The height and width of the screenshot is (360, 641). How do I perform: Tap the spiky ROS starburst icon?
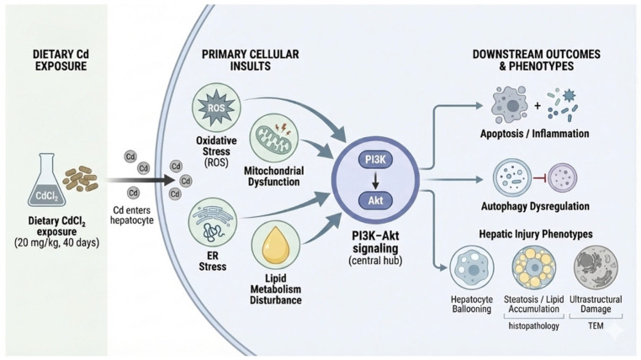pyautogui.click(x=216, y=108)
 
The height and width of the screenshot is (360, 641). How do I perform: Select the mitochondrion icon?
pyautogui.click(x=273, y=138)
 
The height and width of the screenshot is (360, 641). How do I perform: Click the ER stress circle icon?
pyautogui.click(x=213, y=222)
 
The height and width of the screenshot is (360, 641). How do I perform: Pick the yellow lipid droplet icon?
pyautogui.click(x=276, y=245)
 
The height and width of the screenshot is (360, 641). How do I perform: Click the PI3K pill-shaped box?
pyautogui.click(x=375, y=159)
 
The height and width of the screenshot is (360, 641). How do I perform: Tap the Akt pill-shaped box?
pyautogui.click(x=375, y=200)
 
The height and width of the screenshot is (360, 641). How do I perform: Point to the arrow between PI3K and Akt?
pyautogui.click(x=375, y=180)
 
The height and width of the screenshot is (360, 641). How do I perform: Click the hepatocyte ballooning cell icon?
pyautogui.click(x=472, y=267)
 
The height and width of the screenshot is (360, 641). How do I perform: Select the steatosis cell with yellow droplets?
pyautogui.click(x=534, y=267)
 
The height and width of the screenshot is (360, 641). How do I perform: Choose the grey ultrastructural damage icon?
pyautogui.click(x=596, y=267)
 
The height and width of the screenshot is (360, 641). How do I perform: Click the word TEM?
pyautogui.click(x=596, y=326)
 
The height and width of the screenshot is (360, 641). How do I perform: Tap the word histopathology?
pyautogui.click(x=533, y=326)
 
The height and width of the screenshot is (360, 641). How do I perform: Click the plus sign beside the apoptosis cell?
pyautogui.click(x=538, y=106)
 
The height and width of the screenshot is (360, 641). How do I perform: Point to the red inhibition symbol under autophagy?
pyautogui.click(x=539, y=178)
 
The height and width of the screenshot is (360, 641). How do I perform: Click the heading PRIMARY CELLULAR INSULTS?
pyautogui.click(x=250, y=60)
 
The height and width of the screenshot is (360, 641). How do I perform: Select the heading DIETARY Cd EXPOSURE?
pyautogui.click(x=61, y=60)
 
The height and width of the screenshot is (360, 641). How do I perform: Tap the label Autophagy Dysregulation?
pyautogui.click(x=535, y=206)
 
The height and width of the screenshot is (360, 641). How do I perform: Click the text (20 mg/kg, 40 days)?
pyautogui.click(x=57, y=243)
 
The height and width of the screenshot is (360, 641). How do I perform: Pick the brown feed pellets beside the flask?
pyautogui.click(x=80, y=178)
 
